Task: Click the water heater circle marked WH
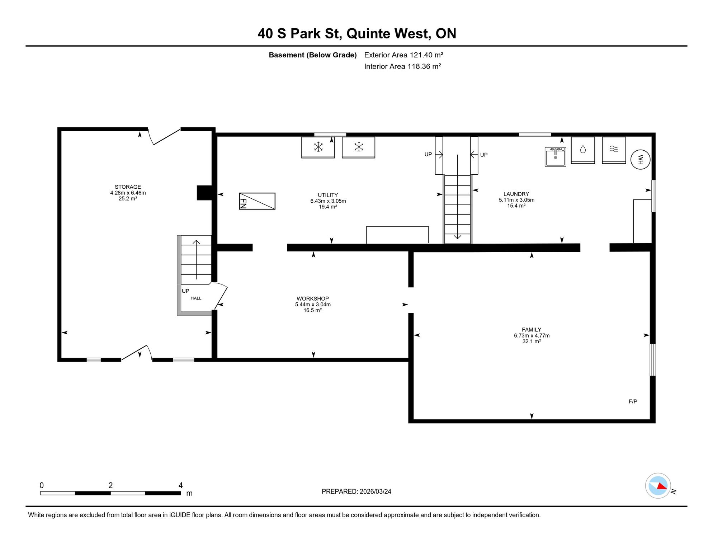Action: tap(641, 160)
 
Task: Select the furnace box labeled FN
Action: tap(257, 201)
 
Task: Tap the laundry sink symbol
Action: tap(556, 157)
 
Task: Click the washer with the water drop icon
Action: tap(583, 150)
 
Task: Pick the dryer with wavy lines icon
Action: tap(614, 150)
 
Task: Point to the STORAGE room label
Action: tap(128, 187)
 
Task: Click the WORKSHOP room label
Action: tap(313, 298)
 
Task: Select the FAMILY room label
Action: tap(532, 330)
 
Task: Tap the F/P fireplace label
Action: tap(633, 401)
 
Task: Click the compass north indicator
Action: tap(658, 486)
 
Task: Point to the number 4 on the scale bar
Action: tap(181, 485)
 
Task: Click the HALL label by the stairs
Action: tap(196, 298)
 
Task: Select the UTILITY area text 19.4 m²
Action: tap(328, 207)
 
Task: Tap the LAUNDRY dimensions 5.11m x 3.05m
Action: tap(516, 200)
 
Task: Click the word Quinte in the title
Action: tap(368, 33)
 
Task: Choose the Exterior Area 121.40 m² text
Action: tap(404, 55)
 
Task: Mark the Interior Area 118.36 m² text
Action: tap(402, 66)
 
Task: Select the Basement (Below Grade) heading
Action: tap(313, 55)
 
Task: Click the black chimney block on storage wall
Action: tap(205, 193)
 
